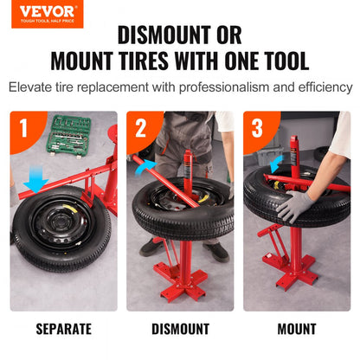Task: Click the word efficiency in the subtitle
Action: pyautogui.click(x=320, y=88)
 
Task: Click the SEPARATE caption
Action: pyautogui.click(x=64, y=329)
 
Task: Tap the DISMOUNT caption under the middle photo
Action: pyautogui.click(x=180, y=329)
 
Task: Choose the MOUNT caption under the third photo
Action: pyautogui.click(x=297, y=329)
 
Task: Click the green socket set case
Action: pyautogui.click(x=75, y=133)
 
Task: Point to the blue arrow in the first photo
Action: pyautogui.click(x=35, y=180)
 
